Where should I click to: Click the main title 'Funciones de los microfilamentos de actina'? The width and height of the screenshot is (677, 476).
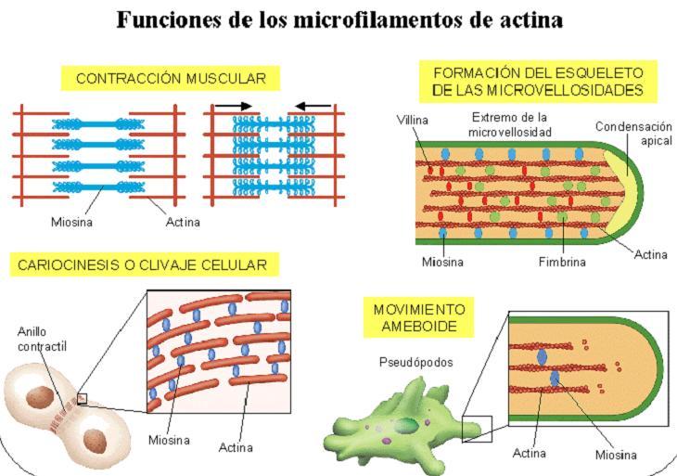pyautogui.click(x=339, y=19)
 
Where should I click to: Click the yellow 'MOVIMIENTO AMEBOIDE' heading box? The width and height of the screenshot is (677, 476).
pyautogui.click(x=419, y=318)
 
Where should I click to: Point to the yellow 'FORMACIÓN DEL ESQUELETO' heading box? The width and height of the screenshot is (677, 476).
pyautogui.click(x=538, y=81)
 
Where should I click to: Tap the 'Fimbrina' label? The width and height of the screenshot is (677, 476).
pyautogui.click(x=562, y=262)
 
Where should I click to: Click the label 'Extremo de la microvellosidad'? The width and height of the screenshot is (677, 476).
pyautogui.click(x=510, y=125)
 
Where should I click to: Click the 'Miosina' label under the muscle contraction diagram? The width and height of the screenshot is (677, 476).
pyautogui.click(x=72, y=223)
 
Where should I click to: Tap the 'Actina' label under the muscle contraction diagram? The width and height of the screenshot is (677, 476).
pyautogui.click(x=183, y=223)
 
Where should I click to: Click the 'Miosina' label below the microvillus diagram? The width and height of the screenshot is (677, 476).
pyautogui.click(x=442, y=262)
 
